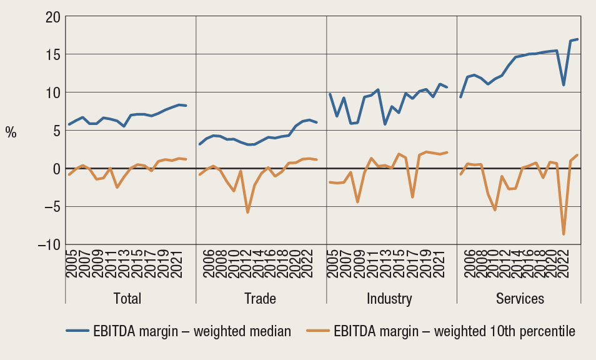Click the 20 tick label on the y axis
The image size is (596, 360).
[50, 17]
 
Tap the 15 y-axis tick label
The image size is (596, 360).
[51, 55]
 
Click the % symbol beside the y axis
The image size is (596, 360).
[11, 132]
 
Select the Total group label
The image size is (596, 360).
[127, 298]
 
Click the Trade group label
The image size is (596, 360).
[261, 298]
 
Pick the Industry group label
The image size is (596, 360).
[389, 298]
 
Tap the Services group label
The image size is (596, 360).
[520, 298]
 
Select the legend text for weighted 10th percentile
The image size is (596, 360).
[454, 331]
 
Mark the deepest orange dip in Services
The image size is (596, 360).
[564, 234]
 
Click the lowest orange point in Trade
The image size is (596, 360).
[247, 212]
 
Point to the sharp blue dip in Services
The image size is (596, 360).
[564, 85]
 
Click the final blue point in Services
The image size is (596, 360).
[577, 39]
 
